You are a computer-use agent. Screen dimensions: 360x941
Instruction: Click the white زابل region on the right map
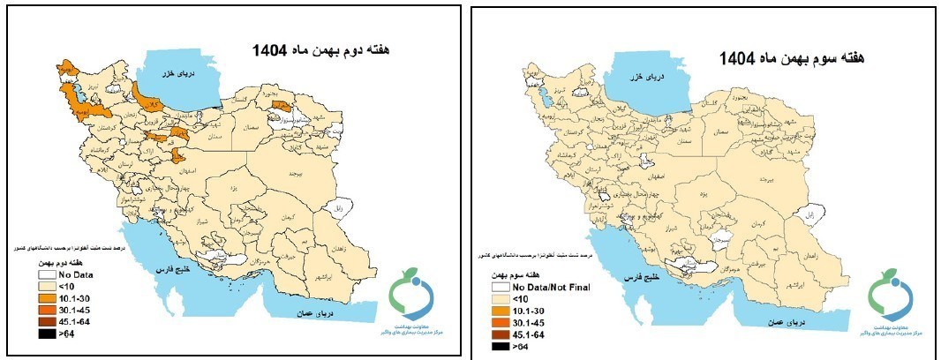[x=805, y=214]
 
